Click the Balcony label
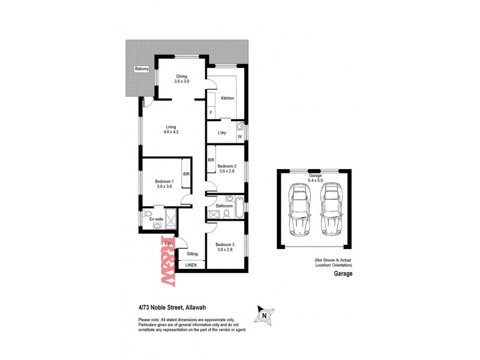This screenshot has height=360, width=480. [142, 68]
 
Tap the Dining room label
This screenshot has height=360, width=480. [182, 79]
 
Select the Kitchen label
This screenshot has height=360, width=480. [227, 98]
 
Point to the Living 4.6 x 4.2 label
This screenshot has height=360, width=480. [172, 129]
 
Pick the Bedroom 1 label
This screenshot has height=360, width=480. [164, 184]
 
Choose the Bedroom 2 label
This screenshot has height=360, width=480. [227, 169]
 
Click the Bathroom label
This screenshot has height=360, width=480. [224, 206]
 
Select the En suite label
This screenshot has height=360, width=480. [156, 220]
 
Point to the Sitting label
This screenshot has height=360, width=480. [192, 254]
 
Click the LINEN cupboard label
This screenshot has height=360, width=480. [191, 265]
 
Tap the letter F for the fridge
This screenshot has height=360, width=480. [211, 113]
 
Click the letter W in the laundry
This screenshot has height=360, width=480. [239, 137]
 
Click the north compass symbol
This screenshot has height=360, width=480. [263, 313]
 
